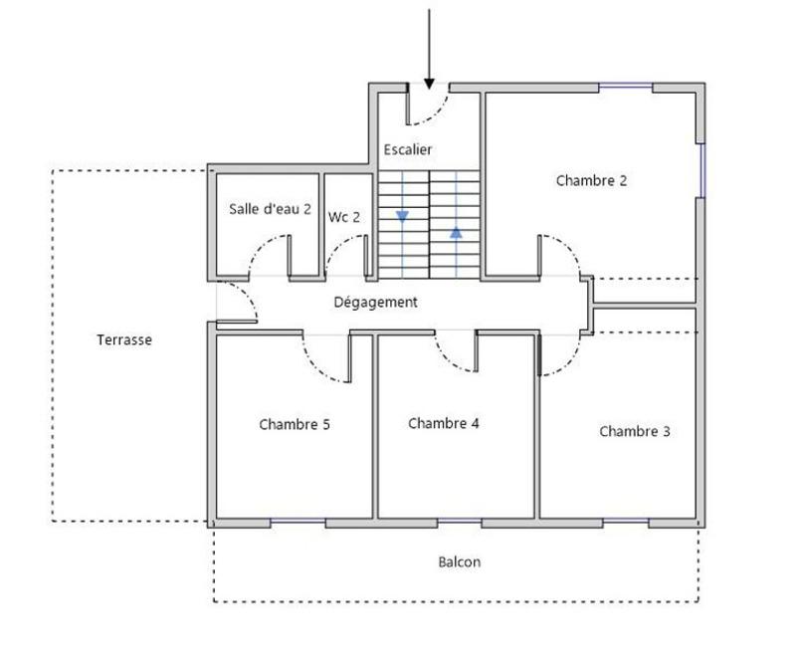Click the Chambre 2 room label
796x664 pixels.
click(591, 181)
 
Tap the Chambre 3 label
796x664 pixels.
click(634, 432)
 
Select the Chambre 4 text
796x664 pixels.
click(444, 424)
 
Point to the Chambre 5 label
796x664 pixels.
click(295, 425)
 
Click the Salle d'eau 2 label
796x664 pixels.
click(270, 210)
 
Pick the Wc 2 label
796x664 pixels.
click(344, 217)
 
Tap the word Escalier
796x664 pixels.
click(408, 150)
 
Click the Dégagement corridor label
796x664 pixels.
click(375, 303)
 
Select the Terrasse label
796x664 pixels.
click(124, 340)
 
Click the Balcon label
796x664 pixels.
click(460, 562)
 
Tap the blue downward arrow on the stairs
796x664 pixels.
click(402, 216)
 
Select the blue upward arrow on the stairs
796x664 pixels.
click(456, 232)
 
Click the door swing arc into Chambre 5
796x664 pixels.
click(320, 364)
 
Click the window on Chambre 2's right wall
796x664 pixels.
click(700, 169)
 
